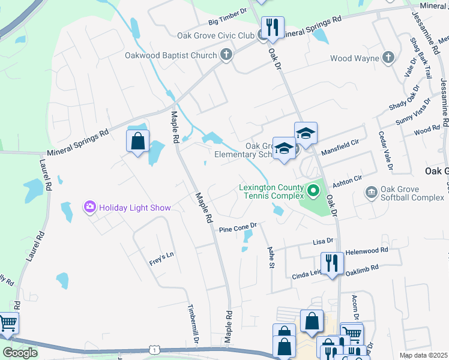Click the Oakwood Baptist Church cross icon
tap(226, 55)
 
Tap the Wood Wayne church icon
tap(388, 58)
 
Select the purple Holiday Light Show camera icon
tap(90, 208)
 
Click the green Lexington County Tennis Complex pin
tap(313, 191)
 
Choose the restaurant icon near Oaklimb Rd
tap(331, 262)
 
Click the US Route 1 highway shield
tap(155, 349)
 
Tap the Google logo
tap(20, 353)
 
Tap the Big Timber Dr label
tap(228, 22)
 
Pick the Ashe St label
tap(271, 256)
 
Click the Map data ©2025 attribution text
tap(423, 355)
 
